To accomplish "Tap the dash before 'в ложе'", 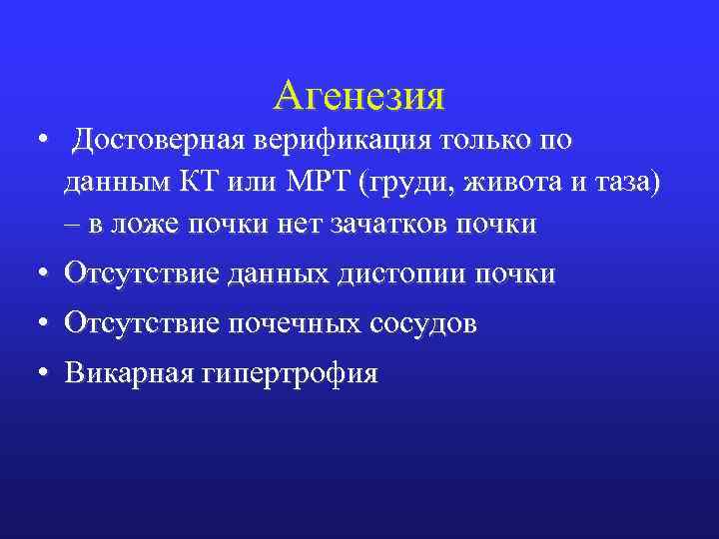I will point(71,225).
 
